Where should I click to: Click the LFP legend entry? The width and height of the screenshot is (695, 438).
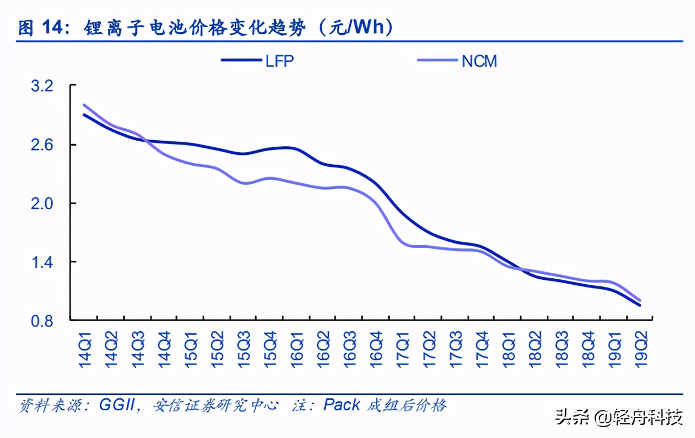tap(258, 61)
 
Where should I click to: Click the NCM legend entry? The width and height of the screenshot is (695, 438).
tap(457, 61)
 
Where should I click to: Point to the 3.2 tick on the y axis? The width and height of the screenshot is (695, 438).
tap(51, 86)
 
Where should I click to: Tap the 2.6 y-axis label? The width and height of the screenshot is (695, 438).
tap(51, 145)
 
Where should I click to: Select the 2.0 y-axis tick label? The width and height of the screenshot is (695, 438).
tap(51, 203)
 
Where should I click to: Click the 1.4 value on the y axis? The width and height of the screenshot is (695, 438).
tap(51, 262)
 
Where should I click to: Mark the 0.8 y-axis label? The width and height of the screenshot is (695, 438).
tap(51, 321)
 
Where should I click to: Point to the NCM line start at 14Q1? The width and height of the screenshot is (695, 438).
tap(85, 105)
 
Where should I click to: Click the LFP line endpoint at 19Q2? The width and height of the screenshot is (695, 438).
tap(641, 305)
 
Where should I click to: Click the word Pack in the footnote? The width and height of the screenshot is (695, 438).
tap(342, 405)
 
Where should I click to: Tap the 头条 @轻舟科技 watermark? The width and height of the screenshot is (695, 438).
tap(618, 418)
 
